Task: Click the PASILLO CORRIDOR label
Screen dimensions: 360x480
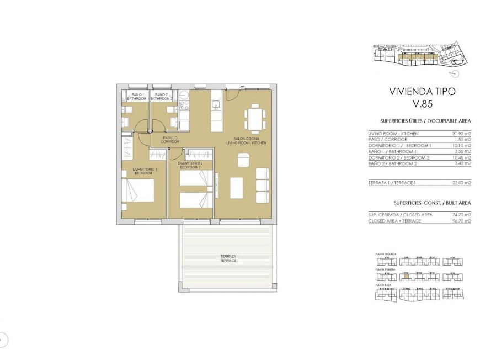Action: point(169,140)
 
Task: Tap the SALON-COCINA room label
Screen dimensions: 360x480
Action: point(246,141)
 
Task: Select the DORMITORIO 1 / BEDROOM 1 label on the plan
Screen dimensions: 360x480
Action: point(145,171)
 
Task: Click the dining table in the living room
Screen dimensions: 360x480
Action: point(254,118)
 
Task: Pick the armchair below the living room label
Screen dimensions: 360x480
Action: point(243,160)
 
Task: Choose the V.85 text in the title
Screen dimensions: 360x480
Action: point(422,104)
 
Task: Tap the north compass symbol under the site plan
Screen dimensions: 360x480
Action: point(454,72)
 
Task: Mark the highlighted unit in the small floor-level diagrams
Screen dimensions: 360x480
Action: point(407,277)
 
